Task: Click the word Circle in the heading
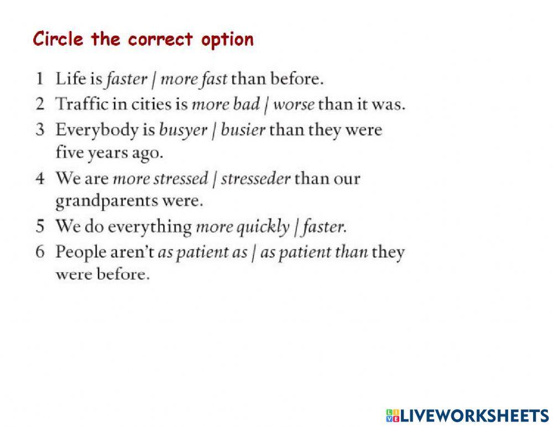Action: pos(58,39)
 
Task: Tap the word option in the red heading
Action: pos(227,40)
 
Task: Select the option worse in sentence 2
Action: pos(294,105)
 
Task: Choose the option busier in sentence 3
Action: pos(243,130)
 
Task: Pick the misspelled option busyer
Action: pos(183,131)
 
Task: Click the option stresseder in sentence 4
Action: pos(255,179)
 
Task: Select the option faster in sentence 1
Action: pos(127,79)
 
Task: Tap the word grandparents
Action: pos(107,202)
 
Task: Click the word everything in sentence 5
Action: pos(149,227)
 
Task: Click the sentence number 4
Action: pos(40,178)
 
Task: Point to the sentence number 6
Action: pos(40,252)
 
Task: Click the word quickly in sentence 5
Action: pos(263,227)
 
